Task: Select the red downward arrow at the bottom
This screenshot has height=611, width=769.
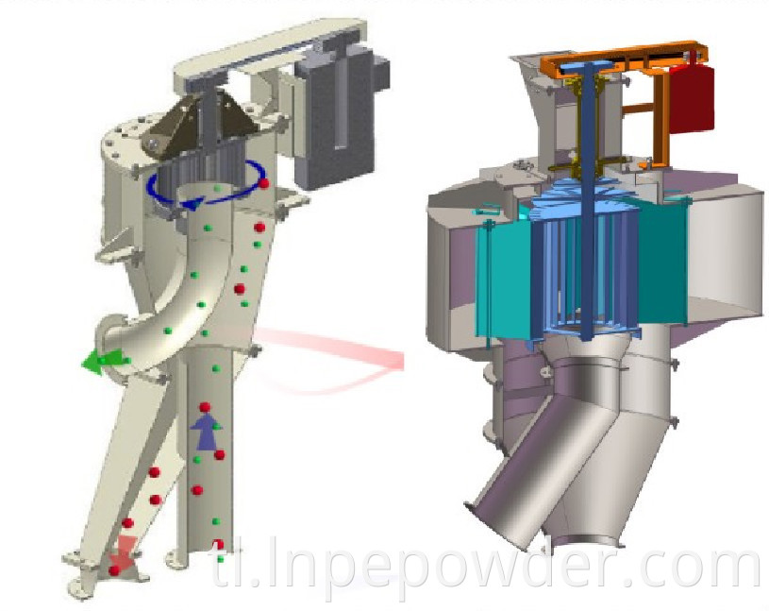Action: point(121,562)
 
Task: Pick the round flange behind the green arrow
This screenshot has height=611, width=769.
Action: point(111,335)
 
